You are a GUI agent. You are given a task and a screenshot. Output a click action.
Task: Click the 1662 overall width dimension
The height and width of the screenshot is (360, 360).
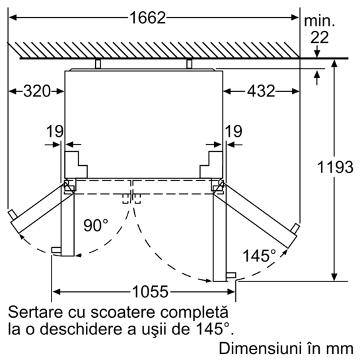tap(147, 18)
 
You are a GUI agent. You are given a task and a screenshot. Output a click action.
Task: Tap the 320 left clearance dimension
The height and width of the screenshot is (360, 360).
tap(37, 91)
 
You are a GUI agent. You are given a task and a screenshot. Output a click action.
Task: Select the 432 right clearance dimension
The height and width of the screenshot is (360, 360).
tap(261, 91)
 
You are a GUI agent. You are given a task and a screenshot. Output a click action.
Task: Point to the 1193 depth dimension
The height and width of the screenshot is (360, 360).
tap(335, 167)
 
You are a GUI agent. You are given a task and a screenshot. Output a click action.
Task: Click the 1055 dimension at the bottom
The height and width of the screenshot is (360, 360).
tap(150, 292)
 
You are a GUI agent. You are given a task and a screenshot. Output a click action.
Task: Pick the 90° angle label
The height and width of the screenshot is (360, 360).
tap(96, 225)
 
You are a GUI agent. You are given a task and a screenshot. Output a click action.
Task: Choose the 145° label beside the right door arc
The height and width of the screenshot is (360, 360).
tap(259, 256)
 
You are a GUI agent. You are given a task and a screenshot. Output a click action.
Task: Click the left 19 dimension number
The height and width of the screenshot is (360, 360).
tap(55, 131)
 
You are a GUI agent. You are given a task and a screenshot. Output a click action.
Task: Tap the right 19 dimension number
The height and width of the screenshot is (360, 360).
tap(233, 131)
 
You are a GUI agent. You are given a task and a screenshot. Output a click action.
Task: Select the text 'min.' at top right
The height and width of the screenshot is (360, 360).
tap(319, 21)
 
